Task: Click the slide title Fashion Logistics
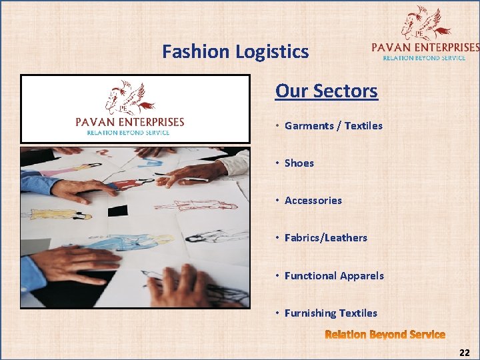[x=235, y=51]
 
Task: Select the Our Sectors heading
[x=327, y=91]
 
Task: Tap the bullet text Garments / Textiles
[x=333, y=125]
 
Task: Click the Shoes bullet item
[x=299, y=163]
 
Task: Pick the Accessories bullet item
[x=313, y=200]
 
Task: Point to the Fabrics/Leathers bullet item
[x=325, y=237]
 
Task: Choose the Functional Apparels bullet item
[x=334, y=275]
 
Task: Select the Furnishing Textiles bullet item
[x=331, y=313]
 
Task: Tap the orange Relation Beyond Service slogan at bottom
[x=385, y=334]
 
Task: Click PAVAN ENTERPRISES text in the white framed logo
[x=129, y=122]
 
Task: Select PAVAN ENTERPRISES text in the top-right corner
[x=425, y=47]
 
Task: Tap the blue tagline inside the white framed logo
[x=128, y=133]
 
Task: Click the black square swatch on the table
[x=117, y=211]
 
